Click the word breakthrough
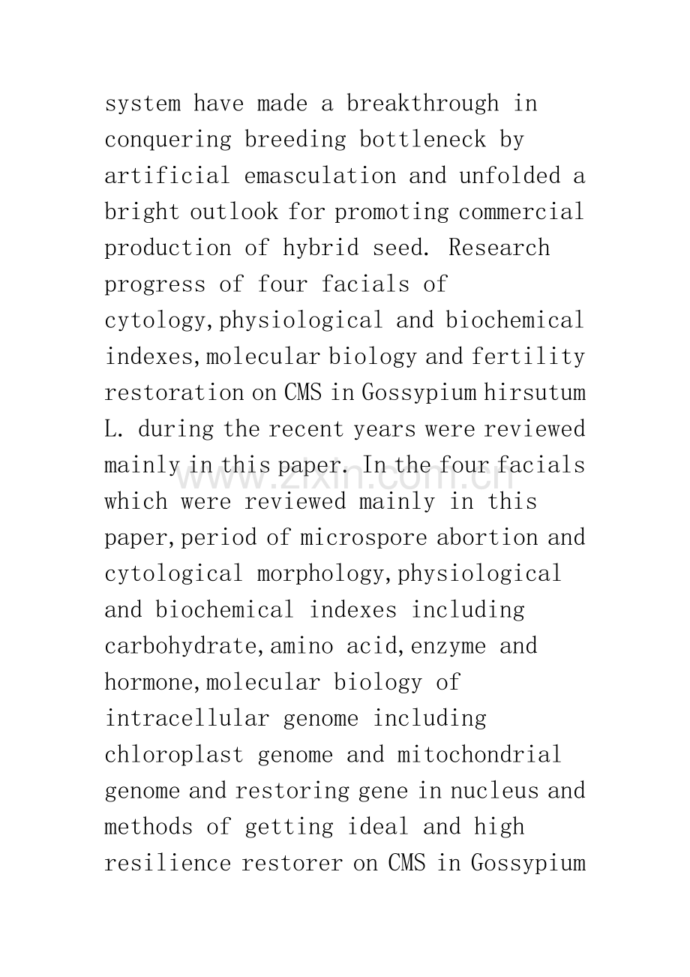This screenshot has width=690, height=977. [x=422, y=104]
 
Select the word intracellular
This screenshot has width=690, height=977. [x=187, y=719]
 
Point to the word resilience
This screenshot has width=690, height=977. [x=168, y=864]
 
